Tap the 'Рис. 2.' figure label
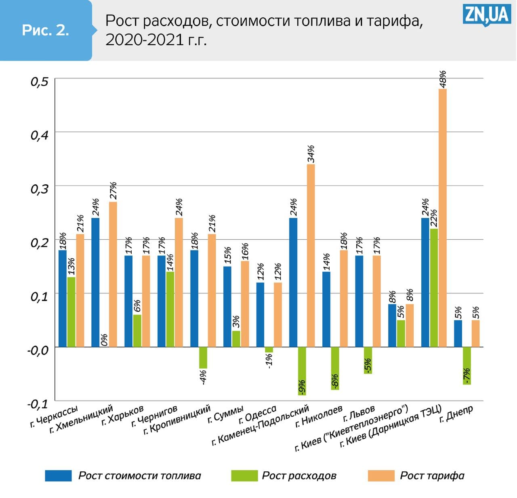pyautogui.click(x=45, y=30)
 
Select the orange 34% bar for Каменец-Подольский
pyautogui.click(x=311, y=255)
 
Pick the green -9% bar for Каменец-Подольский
pyautogui.click(x=302, y=371)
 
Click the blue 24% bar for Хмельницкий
pyautogui.click(x=95, y=282)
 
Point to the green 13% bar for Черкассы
pyautogui.click(x=71, y=312)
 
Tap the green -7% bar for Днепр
pyautogui.click(x=467, y=365)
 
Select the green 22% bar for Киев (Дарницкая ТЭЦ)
pyautogui.click(x=434, y=287)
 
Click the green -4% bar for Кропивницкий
pyautogui.click(x=203, y=357)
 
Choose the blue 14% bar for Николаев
pyautogui.click(x=326, y=309)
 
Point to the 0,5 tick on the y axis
pyautogui.click(x=40, y=82)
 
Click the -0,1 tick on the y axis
pyautogui.click(x=38, y=403)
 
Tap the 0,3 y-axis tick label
pyautogui.click(x=40, y=189)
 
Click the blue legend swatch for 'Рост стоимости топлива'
pyautogui.click(x=58, y=475)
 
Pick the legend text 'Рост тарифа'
pyautogui.click(x=432, y=475)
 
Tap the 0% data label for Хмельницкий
pyautogui.click(x=104, y=340)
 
